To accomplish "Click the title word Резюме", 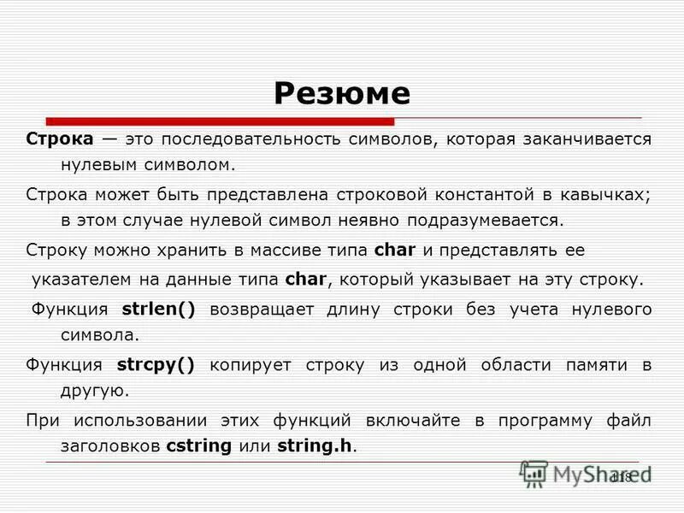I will (342, 92).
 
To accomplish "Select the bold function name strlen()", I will (158, 310).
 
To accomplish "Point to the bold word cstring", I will (201, 445).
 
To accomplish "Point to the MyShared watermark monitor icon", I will (534, 473).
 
